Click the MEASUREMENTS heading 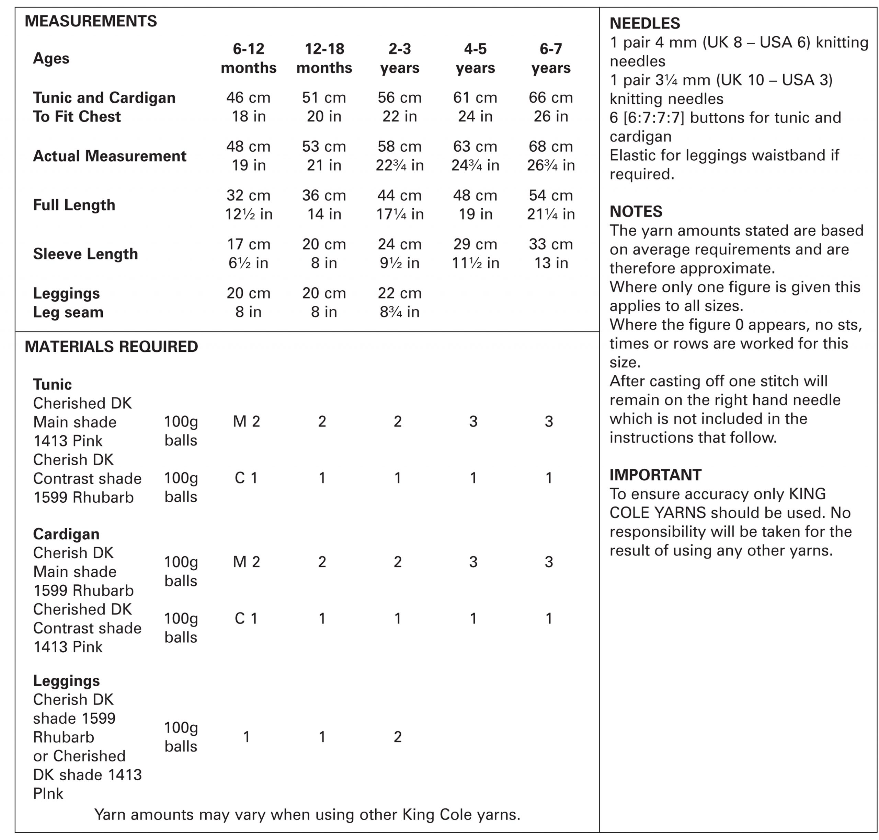91,21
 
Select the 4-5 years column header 475,58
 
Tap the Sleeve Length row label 85,254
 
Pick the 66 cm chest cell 551,97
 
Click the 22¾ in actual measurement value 399,165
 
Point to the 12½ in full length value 248,214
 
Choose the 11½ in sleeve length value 475,263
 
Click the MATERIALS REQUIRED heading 111,347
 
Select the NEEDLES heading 645,23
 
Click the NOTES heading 636,211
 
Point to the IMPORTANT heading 655,475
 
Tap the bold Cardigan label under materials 66,534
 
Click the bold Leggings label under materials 66,680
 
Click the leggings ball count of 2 397,737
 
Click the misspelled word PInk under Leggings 48,793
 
